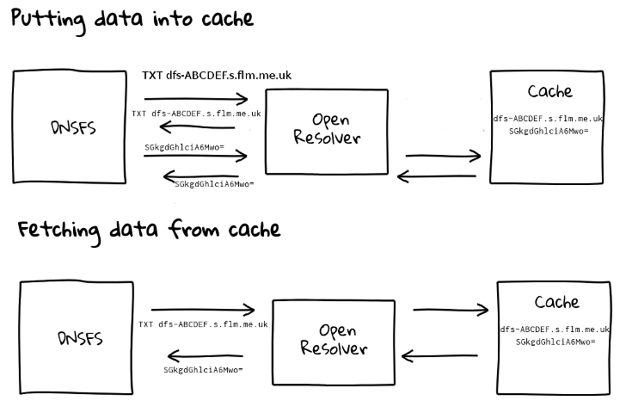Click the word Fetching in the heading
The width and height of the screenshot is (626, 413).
pyautogui.click(x=60, y=230)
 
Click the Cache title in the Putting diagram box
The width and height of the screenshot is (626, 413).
pyautogui.click(x=549, y=91)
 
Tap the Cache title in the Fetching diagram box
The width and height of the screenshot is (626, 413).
pyautogui.click(x=556, y=302)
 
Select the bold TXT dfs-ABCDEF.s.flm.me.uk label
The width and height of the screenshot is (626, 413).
pyautogui.click(x=217, y=76)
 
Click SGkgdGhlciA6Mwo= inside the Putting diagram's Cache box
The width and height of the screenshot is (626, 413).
pyautogui.click(x=549, y=131)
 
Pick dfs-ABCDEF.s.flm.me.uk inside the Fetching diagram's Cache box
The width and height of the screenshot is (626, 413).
pyautogui.click(x=555, y=330)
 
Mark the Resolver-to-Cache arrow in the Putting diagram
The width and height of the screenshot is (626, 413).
pyautogui.click(x=443, y=157)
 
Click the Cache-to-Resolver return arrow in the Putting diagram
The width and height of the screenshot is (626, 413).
pyautogui.click(x=437, y=177)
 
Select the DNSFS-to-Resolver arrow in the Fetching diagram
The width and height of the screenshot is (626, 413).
pyautogui.click(x=204, y=309)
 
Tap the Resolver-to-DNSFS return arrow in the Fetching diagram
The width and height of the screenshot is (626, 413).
pyautogui.click(x=205, y=355)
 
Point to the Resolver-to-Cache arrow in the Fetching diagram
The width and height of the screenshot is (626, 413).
pyautogui.click(x=451, y=310)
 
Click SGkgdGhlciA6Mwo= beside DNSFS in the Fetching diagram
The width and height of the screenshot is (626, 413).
pyautogui.click(x=204, y=370)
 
